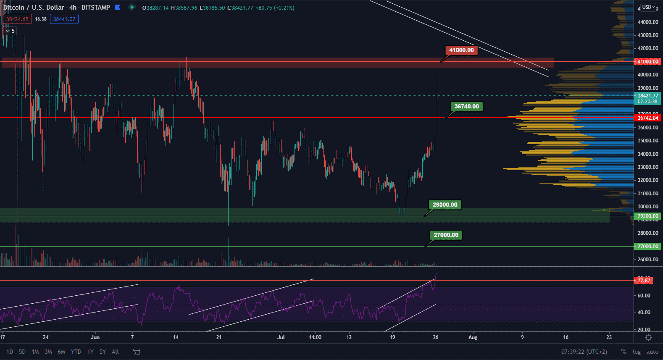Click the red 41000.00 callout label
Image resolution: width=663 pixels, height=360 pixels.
click(x=461, y=50)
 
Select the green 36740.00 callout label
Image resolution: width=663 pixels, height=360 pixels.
click(x=466, y=107)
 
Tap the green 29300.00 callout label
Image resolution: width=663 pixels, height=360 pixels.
click(x=445, y=205)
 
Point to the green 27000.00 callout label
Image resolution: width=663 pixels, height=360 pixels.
click(x=446, y=235)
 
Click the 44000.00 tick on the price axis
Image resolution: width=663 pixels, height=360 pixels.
click(x=647, y=22)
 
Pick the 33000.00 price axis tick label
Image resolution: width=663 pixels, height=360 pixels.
click(x=647, y=167)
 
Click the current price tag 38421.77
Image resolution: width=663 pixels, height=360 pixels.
click(x=647, y=96)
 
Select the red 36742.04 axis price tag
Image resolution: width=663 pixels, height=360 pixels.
click(x=647, y=118)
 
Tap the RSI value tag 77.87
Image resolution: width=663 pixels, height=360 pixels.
click(x=644, y=281)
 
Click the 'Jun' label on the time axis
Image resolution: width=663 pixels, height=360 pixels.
click(x=95, y=337)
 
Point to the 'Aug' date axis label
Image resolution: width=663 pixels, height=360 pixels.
click(x=473, y=337)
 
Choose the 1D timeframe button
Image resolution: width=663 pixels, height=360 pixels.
click(x=10, y=352)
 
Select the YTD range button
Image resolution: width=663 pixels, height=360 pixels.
click(x=76, y=352)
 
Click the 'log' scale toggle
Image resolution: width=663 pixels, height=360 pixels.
click(x=637, y=352)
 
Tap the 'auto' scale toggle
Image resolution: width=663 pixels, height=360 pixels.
click(x=652, y=352)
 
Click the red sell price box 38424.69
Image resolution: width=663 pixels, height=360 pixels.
click(x=17, y=19)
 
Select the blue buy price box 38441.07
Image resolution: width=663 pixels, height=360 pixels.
click(x=64, y=19)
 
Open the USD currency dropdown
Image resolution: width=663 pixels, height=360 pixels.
click(x=648, y=7)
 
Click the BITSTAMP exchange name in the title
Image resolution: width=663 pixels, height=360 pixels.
click(x=95, y=8)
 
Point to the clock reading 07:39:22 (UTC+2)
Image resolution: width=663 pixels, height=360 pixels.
click(x=584, y=352)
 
